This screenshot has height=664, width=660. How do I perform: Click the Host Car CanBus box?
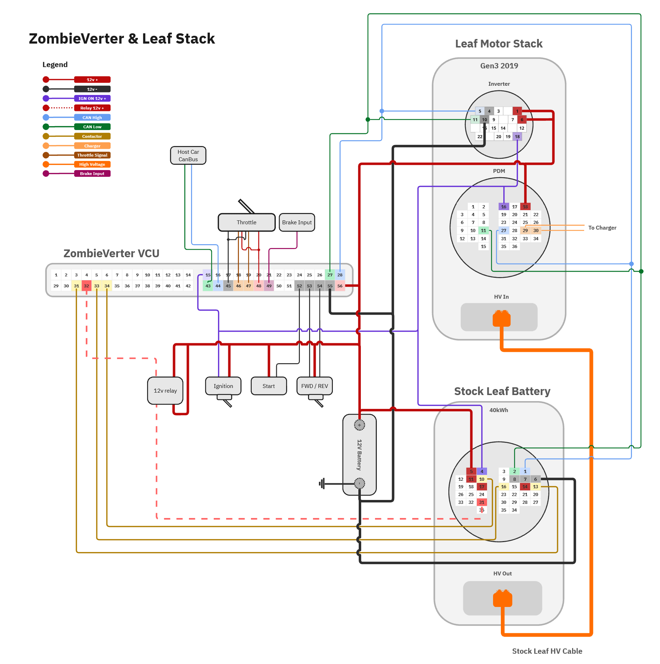188,156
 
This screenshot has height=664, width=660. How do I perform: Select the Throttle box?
246,223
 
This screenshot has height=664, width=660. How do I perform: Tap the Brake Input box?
297,223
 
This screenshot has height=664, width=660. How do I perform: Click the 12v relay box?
165,390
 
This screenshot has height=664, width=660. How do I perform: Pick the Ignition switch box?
223,386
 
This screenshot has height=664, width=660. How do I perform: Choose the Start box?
269,386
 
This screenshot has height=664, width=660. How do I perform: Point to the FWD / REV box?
314,386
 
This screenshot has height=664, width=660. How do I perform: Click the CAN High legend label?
92,118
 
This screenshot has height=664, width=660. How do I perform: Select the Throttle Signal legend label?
92,155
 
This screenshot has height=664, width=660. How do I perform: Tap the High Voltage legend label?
92,164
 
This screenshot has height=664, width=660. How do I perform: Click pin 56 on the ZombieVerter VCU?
340,286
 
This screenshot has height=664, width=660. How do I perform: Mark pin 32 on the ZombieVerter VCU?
86,286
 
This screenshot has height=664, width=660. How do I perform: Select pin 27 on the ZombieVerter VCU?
330,275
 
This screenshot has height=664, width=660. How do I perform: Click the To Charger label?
602,228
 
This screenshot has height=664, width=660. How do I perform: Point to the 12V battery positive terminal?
359,425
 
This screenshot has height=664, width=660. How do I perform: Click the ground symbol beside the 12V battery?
322,483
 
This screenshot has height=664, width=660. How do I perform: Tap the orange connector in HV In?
502,318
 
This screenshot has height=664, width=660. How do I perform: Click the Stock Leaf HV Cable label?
547,651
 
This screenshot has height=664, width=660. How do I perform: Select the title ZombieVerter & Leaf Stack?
122,39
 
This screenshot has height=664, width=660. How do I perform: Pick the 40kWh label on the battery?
499,410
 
